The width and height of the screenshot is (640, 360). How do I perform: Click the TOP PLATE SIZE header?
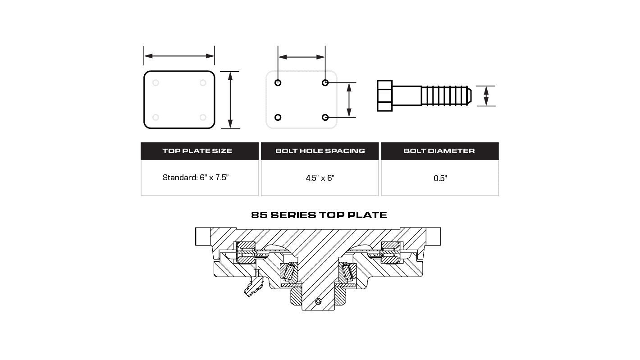(x=197, y=151)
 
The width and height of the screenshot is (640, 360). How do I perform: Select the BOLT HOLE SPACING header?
(x=320, y=151)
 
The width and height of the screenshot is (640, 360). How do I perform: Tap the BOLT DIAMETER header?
(x=439, y=151)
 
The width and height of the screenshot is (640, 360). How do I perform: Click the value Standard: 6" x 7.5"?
(x=196, y=178)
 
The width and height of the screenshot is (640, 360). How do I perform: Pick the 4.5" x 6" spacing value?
(x=320, y=178)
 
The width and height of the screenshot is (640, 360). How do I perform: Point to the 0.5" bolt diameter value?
(x=440, y=178)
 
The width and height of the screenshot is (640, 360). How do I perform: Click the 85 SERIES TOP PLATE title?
(x=319, y=215)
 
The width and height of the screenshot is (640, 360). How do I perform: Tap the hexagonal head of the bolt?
(x=384, y=96)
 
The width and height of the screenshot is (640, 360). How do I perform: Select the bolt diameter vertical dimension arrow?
(x=486, y=96)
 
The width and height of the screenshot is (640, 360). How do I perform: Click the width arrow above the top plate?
(x=179, y=56)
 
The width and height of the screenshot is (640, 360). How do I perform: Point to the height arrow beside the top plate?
(x=230, y=100)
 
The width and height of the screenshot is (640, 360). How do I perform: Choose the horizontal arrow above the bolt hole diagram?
(x=302, y=57)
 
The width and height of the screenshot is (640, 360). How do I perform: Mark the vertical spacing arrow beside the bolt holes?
(x=349, y=100)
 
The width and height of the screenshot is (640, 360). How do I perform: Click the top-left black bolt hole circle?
(x=278, y=82)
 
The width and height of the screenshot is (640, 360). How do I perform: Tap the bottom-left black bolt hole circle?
(x=278, y=118)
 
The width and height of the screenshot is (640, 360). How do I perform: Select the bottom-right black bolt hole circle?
(x=325, y=118)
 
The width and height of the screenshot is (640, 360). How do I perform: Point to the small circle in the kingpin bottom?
(x=319, y=301)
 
